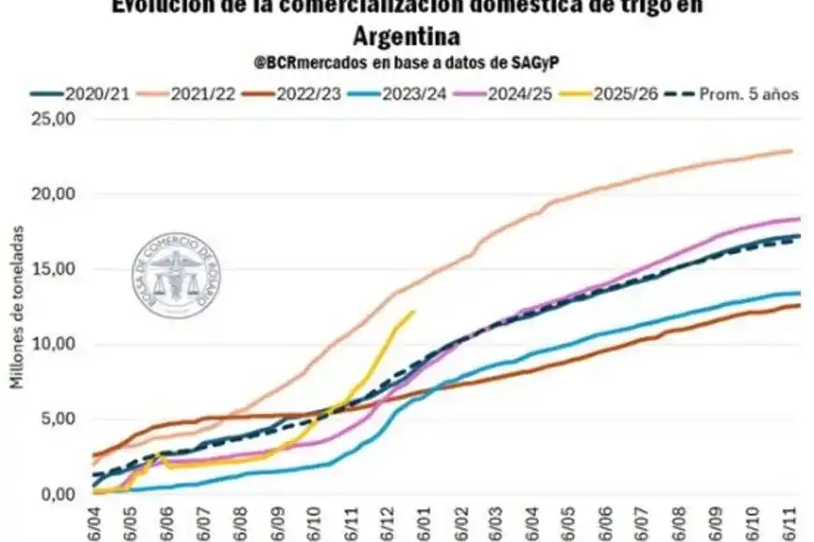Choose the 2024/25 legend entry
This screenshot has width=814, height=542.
click(536, 93)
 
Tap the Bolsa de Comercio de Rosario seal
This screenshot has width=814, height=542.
click(176, 278)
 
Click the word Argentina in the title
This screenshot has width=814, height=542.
click(407, 36)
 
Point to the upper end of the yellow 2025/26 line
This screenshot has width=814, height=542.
click(413, 312)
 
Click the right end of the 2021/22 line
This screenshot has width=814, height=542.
click(792, 150)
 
